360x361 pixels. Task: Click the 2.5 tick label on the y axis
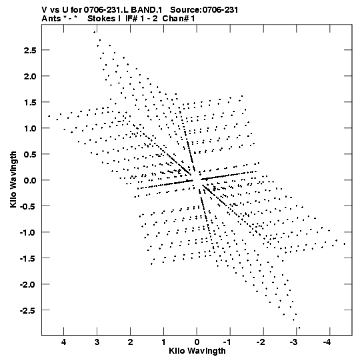pos(30,50)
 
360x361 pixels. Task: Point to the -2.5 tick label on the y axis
pos(28,310)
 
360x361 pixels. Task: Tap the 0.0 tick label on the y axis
pos(30,180)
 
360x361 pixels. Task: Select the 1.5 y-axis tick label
pos(30,102)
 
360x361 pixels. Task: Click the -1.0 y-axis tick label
pos(28,232)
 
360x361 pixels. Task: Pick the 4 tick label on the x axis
pos(64,342)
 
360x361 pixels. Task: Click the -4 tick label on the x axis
pos(327,342)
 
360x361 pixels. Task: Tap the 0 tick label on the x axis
pos(197,342)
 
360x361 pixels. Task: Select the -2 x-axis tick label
pos(261,342)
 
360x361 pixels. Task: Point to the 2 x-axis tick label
pos(130,342)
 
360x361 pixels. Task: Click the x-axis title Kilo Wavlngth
pos(197,351)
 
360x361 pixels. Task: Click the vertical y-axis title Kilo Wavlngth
pos(13,179)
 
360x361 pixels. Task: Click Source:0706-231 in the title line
pos(204,10)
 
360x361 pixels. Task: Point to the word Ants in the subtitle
pos(51,19)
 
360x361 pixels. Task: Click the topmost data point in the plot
pos(94,32)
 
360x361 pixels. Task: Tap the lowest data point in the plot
pos(299,328)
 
